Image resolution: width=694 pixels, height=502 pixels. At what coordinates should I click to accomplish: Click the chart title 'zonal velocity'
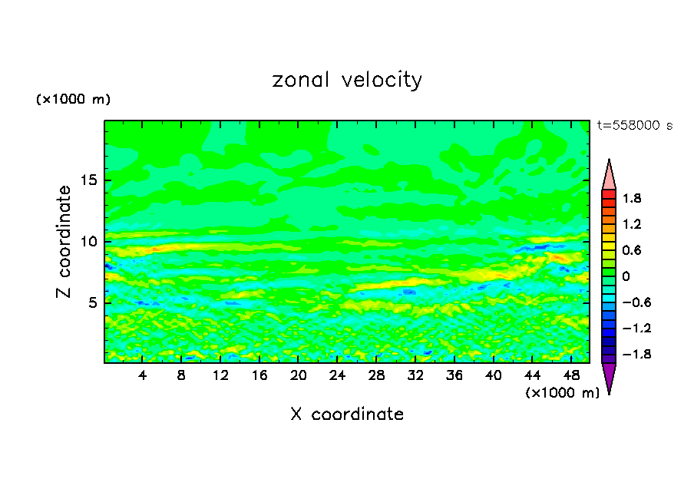[347, 80]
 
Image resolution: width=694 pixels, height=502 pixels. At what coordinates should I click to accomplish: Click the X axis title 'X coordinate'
[347, 414]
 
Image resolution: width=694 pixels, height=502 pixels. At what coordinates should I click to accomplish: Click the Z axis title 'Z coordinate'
[64, 241]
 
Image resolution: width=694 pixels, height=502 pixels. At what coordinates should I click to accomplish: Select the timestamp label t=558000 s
[635, 126]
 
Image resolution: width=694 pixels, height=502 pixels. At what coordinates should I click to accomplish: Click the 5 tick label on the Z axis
[91, 302]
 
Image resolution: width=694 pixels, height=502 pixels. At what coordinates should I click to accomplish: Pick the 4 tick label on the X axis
[143, 375]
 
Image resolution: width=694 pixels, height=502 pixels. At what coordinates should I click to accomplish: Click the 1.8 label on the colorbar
[632, 199]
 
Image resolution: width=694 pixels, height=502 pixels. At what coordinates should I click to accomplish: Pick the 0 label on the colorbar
[626, 276]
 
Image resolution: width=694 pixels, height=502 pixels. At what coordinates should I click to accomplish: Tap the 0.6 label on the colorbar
[632, 250]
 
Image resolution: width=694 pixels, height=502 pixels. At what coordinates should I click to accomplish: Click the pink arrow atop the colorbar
[609, 174]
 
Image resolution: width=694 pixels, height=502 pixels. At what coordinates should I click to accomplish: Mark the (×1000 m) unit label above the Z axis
[73, 100]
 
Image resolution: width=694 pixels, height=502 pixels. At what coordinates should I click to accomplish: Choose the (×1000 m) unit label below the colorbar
[562, 393]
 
